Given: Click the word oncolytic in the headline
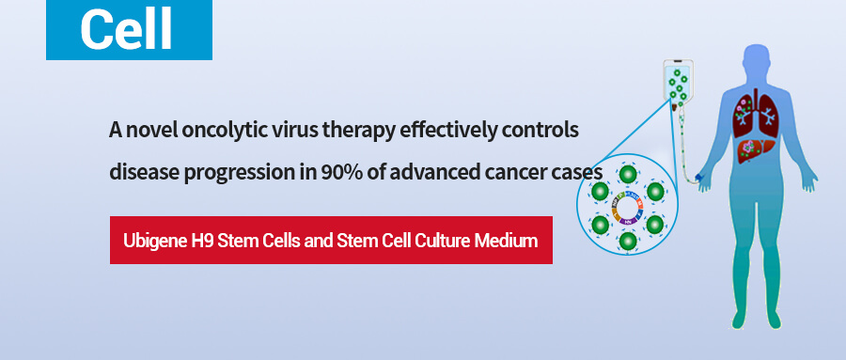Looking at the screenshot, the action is (220, 130).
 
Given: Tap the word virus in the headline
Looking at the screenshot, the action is (282, 130).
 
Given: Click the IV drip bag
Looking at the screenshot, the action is (678, 82).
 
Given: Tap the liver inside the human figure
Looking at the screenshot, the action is (749, 149).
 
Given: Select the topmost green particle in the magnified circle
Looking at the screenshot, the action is (628, 175).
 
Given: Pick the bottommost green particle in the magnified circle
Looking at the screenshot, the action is (628, 242).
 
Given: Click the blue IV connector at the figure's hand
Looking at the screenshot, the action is (698, 177).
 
